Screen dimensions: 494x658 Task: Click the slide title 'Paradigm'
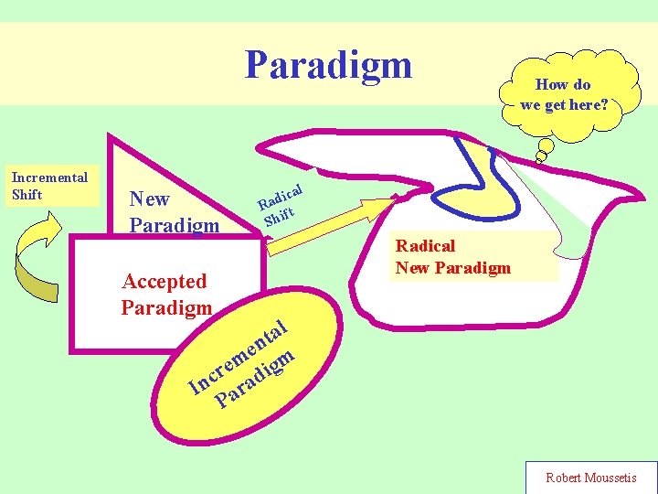pyautogui.click(x=328, y=65)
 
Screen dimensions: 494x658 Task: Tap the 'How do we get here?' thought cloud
pyautogui.click(x=563, y=94)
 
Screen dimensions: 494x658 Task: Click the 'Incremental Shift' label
pyautogui.click(x=49, y=186)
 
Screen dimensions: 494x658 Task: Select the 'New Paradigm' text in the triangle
pyautogui.click(x=174, y=211)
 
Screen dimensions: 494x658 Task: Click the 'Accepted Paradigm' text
pyautogui.click(x=165, y=294)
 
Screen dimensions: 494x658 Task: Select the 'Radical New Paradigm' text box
pyautogui.click(x=453, y=256)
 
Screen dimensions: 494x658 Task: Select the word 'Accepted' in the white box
pyautogui.click(x=164, y=282)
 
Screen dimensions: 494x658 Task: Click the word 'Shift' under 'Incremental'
pyautogui.click(x=27, y=195)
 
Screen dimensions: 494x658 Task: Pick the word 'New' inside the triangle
pyautogui.click(x=150, y=199)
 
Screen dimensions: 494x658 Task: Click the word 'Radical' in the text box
pyautogui.click(x=425, y=245)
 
